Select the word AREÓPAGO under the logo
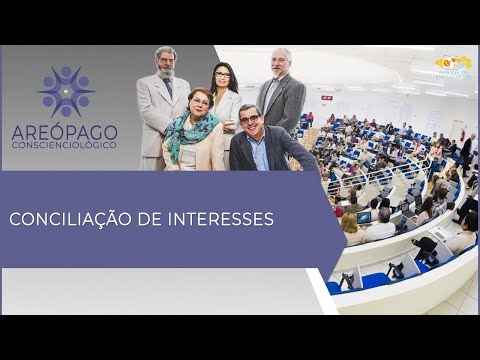[65, 132]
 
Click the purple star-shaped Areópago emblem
[66, 91]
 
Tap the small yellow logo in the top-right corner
[453, 64]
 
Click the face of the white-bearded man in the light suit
[166, 62]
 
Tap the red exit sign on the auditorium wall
[327, 97]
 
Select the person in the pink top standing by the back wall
[310, 119]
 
